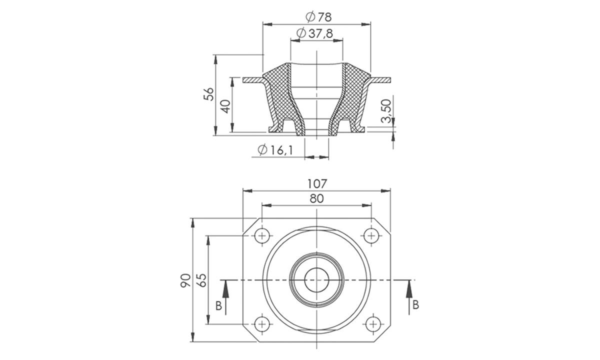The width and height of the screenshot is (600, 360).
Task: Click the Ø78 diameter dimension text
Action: pyautogui.click(x=318, y=16)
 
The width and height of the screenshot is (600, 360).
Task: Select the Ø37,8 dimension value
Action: pyautogui.click(x=314, y=33)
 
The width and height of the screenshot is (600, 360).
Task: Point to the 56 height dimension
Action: pyautogui.click(x=208, y=94)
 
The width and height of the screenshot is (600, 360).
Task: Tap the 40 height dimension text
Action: pyautogui.click(x=225, y=106)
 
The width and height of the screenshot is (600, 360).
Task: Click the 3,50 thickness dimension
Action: pyautogui.click(x=386, y=110)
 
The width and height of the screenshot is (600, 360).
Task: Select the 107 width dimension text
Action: pyautogui.click(x=316, y=183)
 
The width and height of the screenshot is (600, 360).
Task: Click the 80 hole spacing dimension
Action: pyautogui.click(x=316, y=198)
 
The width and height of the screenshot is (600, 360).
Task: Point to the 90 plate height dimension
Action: pyautogui.click(x=185, y=280)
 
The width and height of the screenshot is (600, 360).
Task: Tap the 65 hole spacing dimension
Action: pyautogui.click(x=201, y=280)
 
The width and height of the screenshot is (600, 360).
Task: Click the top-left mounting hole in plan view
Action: pyautogui.click(x=262, y=235)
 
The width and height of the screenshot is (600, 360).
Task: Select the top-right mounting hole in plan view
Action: pyautogui.click(x=370, y=235)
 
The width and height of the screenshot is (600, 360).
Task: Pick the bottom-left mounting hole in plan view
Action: pyautogui.click(x=262, y=324)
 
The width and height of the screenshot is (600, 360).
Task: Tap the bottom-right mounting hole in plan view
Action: pyautogui.click(x=370, y=324)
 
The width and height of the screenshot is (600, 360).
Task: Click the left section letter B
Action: pyautogui.click(x=218, y=305)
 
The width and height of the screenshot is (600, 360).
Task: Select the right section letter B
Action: pyautogui.click(x=416, y=305)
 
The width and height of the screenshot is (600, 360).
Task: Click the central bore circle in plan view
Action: pyautogui.click(x=316, y=280)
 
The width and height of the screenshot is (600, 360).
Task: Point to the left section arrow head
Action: pyautogui.click(x=225, y=286)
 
